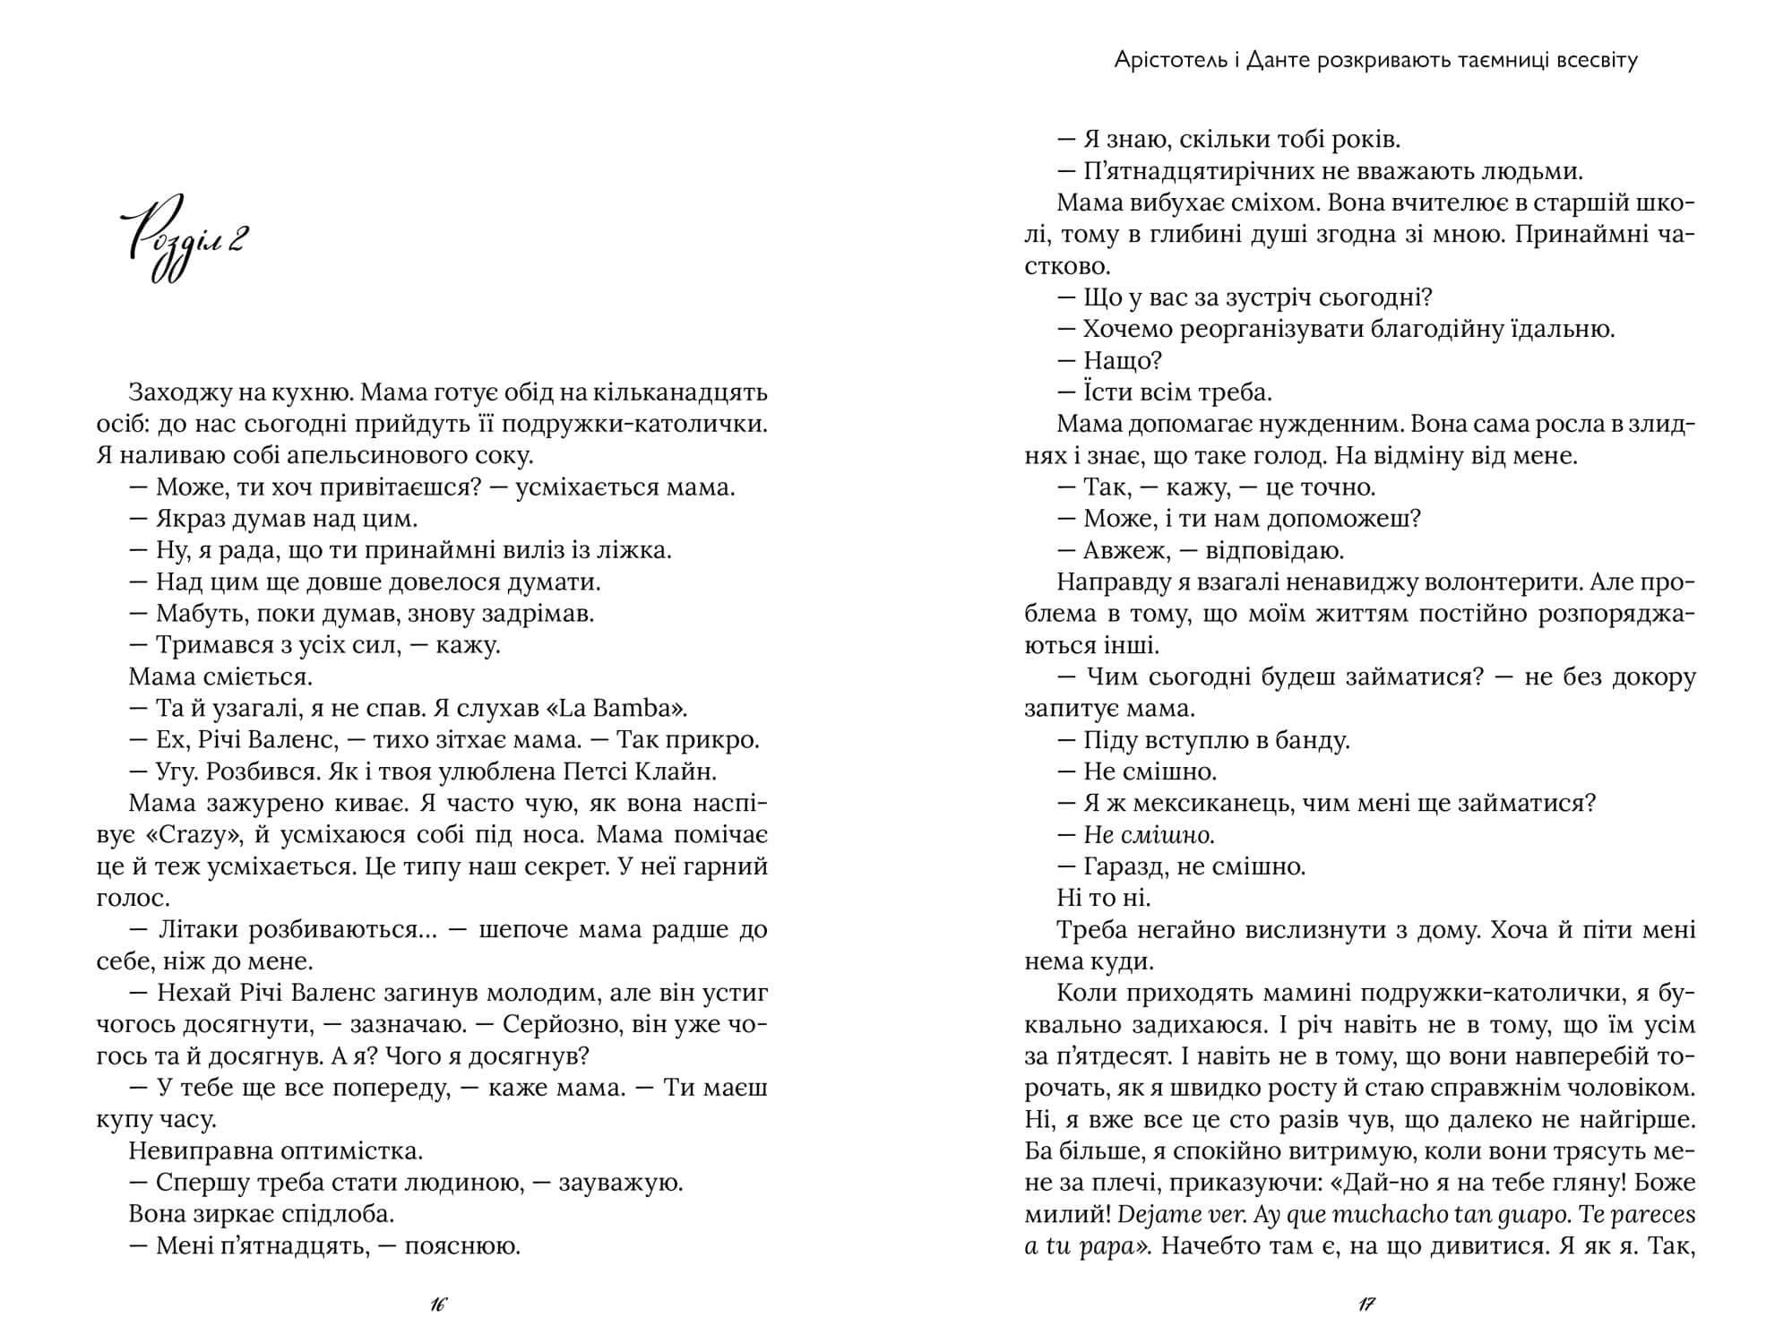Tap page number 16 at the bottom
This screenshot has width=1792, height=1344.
click(437, 1305)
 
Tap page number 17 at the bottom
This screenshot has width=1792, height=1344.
click(1366, 1305)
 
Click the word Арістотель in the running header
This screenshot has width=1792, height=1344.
click(1161, 60)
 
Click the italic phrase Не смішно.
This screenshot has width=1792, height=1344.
click(1150, 835)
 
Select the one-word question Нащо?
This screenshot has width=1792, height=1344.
click(1123, 361)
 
